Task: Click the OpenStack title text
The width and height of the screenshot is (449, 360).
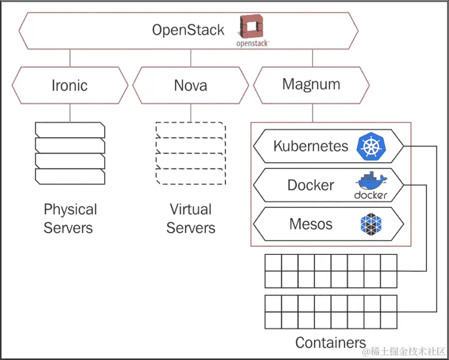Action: pyautogui.click(x=188, y=30)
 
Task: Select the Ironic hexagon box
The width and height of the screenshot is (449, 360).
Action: pyautogui.click(x=70, y=85)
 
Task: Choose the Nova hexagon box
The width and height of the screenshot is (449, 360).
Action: pyautogui.click(x=191, y=85)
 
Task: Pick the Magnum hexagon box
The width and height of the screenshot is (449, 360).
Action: pyautogui.click(x=311, y=85)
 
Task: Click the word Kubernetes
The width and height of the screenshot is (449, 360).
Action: pyautogui.click(x=311, y=146)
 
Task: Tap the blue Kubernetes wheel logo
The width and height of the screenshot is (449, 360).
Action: pyautogui.click(x=371, y=147)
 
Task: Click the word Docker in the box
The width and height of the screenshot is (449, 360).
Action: pyautogui.click(x=311, y=185)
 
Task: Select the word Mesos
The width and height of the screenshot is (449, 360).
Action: pyautogui.click(x=311, y=224)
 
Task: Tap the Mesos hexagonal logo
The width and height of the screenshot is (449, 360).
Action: pyautogui.click(x=371, y=225)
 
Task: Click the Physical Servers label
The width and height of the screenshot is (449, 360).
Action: pyautogui.click(x=70, y=219)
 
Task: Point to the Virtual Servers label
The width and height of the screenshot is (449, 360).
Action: pyautogui.click(x=191, y=219)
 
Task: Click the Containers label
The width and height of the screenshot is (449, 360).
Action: pyautogui.click(x=330, y=342)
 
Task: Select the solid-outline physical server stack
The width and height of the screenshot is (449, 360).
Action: pyautogui.click(x=70, y=153)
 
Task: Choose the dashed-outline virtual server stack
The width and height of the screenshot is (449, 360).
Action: pyautogui.click(x=191, y=153)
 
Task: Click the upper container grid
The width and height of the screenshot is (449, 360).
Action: pyautogui.click(x=331, y=271)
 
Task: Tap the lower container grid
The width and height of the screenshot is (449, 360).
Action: pyautogui.click(x=331, y=312)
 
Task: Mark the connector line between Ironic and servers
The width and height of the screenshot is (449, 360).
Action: pyautogui.click(x=70, y=113)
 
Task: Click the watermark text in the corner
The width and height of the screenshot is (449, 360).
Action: pyautogui.click(x=404, y=351)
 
